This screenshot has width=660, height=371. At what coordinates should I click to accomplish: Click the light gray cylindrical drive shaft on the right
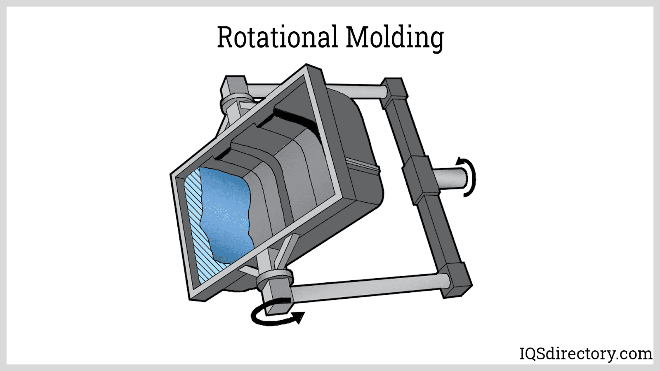coord(449,178)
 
